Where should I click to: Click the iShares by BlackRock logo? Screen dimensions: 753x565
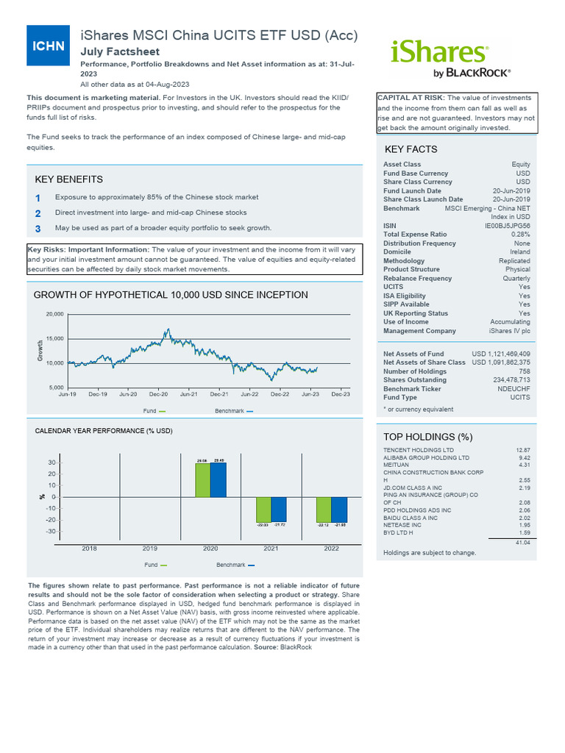coord(449,57)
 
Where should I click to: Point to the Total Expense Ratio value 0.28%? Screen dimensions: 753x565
coord(520,235)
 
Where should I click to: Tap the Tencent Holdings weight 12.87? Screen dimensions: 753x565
coord(522,449)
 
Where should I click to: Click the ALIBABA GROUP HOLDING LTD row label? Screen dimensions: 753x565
coord(426,457)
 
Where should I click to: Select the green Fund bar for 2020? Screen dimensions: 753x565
coord(202,479)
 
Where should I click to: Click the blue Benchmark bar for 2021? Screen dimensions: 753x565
coord(278,510)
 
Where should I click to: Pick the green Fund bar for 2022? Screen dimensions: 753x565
coord(323,510)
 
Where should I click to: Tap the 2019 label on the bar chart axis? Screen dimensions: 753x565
coord(150,549)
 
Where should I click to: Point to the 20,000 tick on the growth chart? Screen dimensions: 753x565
coord(55,314)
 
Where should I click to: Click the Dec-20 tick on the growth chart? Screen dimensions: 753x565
coord(159,394)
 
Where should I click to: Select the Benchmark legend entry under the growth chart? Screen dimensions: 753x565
coord(233,411)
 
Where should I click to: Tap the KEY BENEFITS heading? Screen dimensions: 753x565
coord(69,179)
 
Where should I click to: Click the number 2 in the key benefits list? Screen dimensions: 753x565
coord(38,213)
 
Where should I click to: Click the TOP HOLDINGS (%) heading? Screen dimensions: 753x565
coord(428,437)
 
